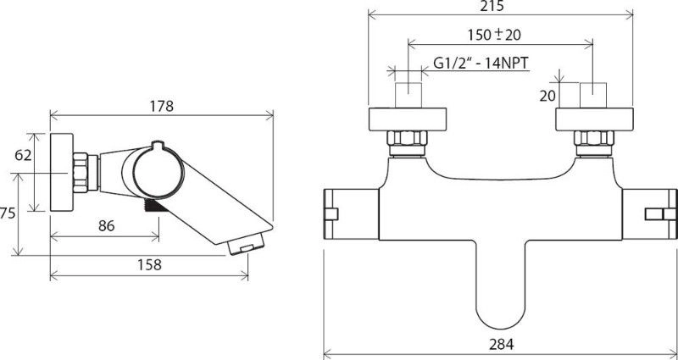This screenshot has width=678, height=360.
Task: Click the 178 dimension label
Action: coord(162,106)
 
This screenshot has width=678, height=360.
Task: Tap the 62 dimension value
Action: coord(24,155)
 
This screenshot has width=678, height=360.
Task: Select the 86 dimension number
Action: coord(107,226)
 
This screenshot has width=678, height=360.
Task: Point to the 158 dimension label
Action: coord(149,264)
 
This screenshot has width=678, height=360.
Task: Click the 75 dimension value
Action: coord(8,213)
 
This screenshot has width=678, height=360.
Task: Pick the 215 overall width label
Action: coord(492,6)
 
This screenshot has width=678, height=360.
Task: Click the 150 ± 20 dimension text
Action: coord(494,35)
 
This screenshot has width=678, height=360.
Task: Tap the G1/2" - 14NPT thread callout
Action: coord(481,63)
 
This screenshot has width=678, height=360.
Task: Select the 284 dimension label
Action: coord(502,345)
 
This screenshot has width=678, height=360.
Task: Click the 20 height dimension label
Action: coord(547,96)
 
